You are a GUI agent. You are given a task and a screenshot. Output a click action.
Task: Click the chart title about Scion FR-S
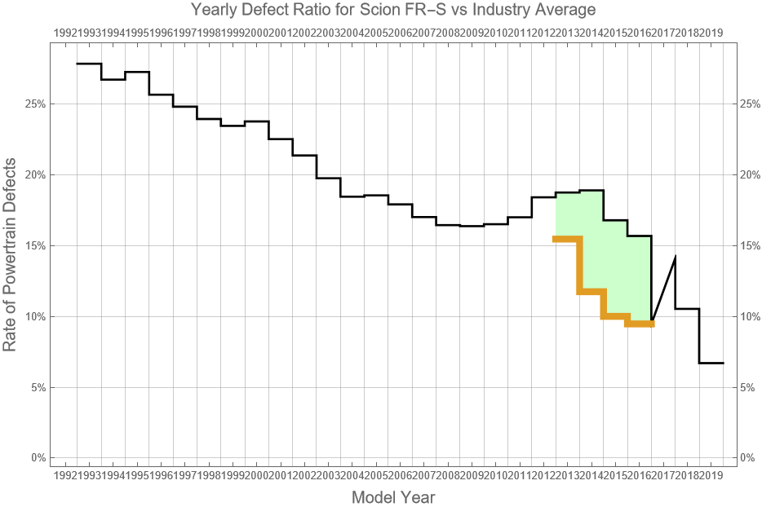pyautogui.click(x=392, y=10)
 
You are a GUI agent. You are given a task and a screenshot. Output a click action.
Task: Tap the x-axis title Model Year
pyautogui.click(x=392, y=496)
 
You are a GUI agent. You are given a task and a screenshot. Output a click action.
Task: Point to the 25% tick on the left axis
pyautogui.click(x=36, y=104)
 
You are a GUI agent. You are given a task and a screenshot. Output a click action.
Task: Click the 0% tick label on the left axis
pyautogui.click(x=38, y=457)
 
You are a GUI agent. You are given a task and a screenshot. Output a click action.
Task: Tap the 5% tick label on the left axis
pyautogui.click(x=38, y=387)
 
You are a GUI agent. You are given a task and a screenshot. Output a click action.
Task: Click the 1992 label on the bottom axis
pyautogui.click(x=64, y=474)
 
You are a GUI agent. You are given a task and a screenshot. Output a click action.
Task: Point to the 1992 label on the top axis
pyautogui.click(x=64, y=33)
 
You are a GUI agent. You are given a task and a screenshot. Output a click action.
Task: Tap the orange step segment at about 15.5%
pyautogui.click(x=567, y=239)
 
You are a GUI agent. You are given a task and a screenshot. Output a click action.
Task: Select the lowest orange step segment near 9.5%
pyautogui.click(x=640, y=324)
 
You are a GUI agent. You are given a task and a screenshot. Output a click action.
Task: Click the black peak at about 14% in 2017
pyautogui.click(x=675, y=257)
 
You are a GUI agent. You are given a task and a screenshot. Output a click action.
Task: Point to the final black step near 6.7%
pyautogui.click(x=711, y=363)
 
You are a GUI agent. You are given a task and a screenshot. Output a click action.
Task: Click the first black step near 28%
pyautogui.click(x=88, y=64)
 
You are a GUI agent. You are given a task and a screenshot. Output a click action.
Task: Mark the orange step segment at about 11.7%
pyautogui.click(x=591, y=291)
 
